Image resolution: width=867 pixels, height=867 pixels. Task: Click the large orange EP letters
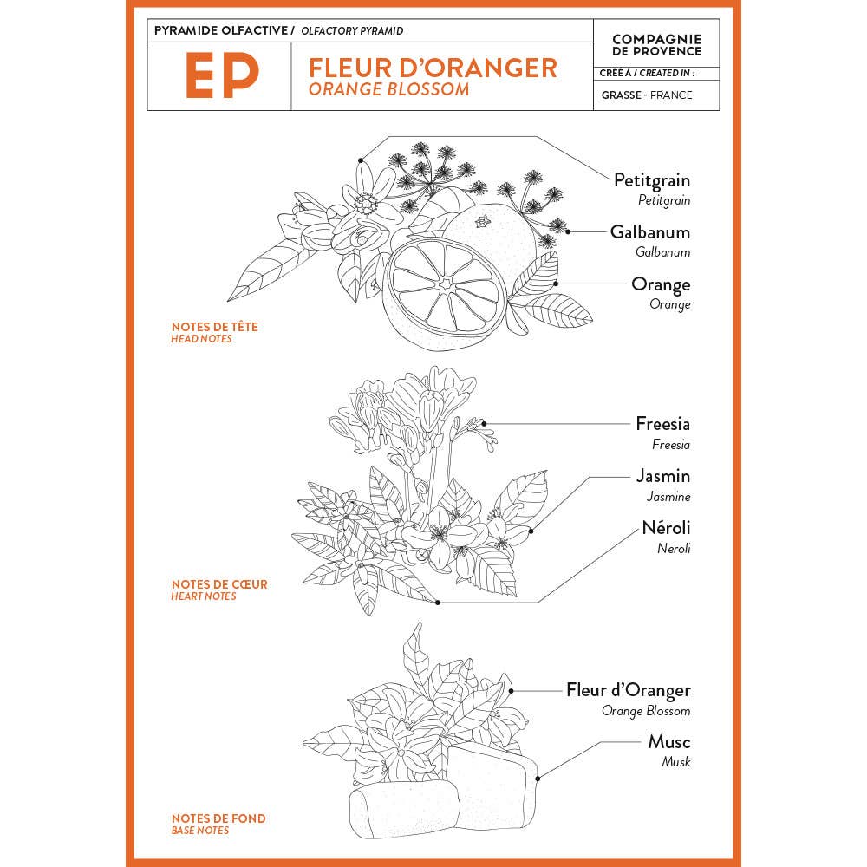[222, 76]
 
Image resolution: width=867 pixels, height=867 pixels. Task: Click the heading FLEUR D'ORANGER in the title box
[433, 68]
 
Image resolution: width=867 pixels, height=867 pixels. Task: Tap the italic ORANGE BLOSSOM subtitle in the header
[389, 89]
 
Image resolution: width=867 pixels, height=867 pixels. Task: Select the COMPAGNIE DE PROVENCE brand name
[656, 44]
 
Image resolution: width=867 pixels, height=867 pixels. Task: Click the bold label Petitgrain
[652, 180]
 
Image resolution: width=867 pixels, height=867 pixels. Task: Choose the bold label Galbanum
[650, 232]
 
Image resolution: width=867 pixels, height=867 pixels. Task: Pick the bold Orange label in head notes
[661, 284]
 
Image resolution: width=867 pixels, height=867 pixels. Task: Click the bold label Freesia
[662, 424]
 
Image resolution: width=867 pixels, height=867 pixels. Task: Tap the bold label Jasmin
[663, 476]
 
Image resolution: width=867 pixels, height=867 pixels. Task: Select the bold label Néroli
[666, 527]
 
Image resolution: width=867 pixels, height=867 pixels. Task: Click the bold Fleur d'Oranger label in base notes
[629, 690]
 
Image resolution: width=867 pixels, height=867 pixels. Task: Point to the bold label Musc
[669, 742]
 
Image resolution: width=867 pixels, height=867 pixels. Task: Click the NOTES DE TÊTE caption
[215, 327]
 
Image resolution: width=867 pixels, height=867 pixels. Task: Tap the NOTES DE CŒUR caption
[219, 584]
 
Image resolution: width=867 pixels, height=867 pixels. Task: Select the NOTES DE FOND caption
[218, 818]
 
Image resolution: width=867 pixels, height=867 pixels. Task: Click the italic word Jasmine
[668, 497]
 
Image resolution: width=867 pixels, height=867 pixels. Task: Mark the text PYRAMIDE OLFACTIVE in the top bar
[220, 30]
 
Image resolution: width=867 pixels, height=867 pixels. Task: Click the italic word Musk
[675, 762]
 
